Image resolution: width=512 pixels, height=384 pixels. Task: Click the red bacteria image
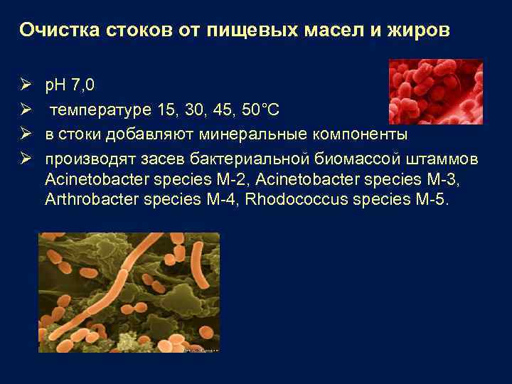click(434, 91)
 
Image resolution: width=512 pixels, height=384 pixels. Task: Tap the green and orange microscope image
click(129, 292)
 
